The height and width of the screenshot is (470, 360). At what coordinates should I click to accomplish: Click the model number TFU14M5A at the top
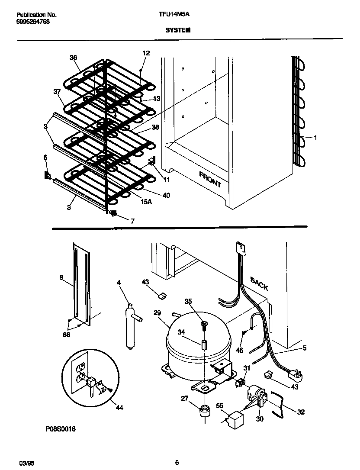point(174,14)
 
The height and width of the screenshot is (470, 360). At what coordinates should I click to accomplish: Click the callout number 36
point(73,58)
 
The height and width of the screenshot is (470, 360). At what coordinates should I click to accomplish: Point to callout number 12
point(146,53)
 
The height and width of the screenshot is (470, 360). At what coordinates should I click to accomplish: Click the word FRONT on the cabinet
point(210,179)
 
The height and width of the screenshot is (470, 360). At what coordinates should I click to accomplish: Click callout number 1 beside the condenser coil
point(315,138)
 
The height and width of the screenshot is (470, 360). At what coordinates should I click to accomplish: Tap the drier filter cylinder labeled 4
point(129,327)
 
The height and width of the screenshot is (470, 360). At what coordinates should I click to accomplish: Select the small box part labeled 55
point(235,418)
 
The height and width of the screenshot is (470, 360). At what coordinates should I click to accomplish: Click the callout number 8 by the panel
point(61,277)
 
